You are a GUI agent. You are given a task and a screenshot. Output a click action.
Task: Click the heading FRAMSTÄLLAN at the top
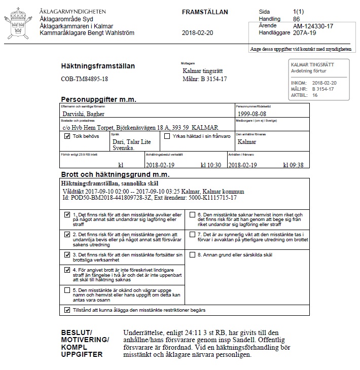pyautogui.click(x=204, y=12)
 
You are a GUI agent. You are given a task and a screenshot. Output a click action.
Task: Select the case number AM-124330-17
pyautogui.click(x=314, y=26)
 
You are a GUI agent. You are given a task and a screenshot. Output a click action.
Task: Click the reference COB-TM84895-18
pyautogui.click(x=84, y=80)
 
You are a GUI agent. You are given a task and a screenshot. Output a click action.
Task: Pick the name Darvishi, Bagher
pyautogui.click(x=83, y=114)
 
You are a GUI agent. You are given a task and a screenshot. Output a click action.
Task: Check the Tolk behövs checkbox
pyautogui.click(x=67, y=136)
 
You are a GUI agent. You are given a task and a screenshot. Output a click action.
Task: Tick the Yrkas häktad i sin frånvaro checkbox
pyautogui.click(x=167, y=136)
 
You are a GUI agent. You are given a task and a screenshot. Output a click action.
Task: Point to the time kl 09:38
pyautogui.click(x=293, y=165)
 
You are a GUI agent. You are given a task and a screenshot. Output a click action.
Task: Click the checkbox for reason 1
pyautogui.click(x=67, y=215)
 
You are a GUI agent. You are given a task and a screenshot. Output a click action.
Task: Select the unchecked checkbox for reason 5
pyautogui.click(x=67, y=290)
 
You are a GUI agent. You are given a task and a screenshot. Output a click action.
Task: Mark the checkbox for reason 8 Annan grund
pyautogui.click(x=192, y=254)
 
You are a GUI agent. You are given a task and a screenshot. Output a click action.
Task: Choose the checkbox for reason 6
pyautogui.click(x=192, y=215)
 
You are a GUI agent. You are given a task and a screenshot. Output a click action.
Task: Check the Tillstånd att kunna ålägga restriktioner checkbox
pyautogui.click(x=67, y=310)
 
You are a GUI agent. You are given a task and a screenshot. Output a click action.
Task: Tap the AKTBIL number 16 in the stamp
pyautogui.click(x=315, y=95)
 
